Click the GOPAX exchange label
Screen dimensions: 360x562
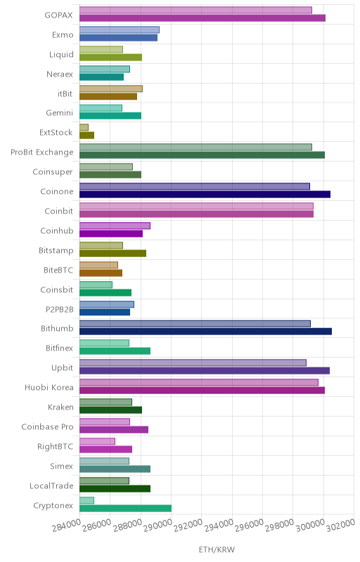click(x=58, y=15)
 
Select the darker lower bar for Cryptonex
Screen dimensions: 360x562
click(x=125, y=508)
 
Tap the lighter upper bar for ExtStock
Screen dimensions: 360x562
click(x=84, y=127)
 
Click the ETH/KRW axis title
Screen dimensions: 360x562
click(x=217, y=549)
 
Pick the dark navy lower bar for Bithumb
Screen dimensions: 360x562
click(x=205, y=332)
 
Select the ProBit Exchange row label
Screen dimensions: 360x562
click(x=42, y=152)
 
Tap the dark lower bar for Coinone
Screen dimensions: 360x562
click(x=205, y=195)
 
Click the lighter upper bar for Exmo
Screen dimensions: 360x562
click(x=120, y=30)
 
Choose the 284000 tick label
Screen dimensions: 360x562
click(x=66, y=525)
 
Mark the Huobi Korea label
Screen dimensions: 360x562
click(x=49, y=388)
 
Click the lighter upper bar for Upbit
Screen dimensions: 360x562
click(x=193, y=362)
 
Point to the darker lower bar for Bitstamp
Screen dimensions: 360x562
click(x=113, y=254)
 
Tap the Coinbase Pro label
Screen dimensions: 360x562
click(x=47, y=427)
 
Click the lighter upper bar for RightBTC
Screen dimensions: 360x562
click(x=97, y=441)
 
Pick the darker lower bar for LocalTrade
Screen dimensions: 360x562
click(x=115, y=488)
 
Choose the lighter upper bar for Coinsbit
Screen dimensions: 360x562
click(x=96, y=285)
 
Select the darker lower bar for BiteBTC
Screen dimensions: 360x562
click(x=101, y=273)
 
